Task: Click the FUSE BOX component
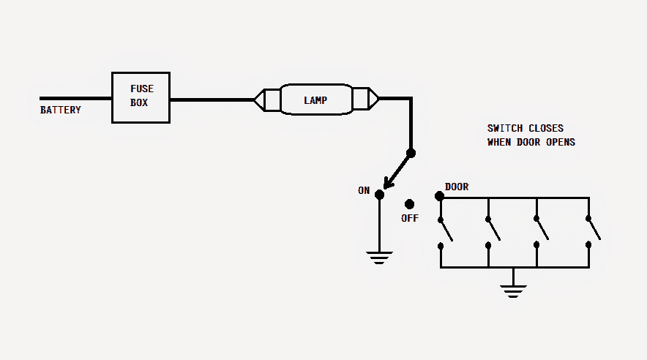click(x=141, y=97)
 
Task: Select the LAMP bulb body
click(x=315, y=99)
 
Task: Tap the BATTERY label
click(x=60, y=110)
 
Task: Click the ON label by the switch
click(x=364, y=190)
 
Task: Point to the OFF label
click(x=410, y=218)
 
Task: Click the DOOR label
click(x=457, y=187)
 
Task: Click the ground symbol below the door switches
click(x=514, y=291)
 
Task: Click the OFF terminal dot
click(x=409, y=203)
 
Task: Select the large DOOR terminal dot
click(x=439, y=196)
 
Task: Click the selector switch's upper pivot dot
click(x=411, y=153)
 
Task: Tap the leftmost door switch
click(x=444, y=231)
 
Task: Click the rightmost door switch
click(x=592, y=231)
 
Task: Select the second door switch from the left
click(x=492, y=231)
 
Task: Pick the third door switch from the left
click(x=541, y=231)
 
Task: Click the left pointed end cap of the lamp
click(x=259, y=99)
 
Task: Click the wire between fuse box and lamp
click(x=212, y=99)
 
